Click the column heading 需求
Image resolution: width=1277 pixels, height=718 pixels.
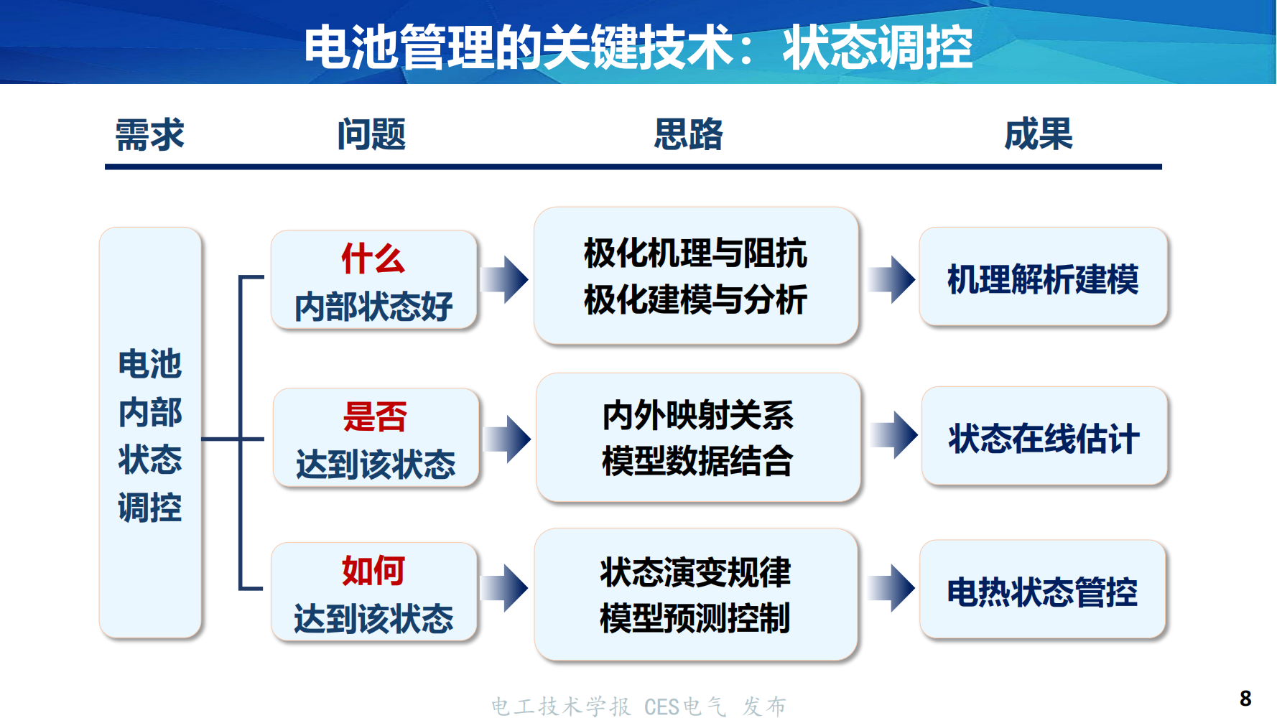(x=150, y=134)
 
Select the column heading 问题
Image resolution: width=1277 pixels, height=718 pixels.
(x=371, y=134)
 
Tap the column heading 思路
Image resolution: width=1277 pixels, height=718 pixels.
(x=688, y=134)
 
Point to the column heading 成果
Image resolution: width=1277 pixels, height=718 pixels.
(x=1039, y=134)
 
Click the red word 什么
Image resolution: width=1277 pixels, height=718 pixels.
(x=373, y=258)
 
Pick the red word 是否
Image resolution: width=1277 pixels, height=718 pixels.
(x=375, y=416)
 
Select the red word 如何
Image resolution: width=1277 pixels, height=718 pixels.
(x=373, y=571)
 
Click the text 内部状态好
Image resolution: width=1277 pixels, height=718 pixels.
(x=373, y=307)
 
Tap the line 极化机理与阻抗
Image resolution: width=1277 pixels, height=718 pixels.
(x=695, y=253)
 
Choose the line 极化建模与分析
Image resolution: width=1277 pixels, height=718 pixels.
(x=695, y=299)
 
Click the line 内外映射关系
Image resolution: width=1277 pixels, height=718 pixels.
(x=697, y=415)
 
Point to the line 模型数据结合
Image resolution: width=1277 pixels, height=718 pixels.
(x=697, y=461)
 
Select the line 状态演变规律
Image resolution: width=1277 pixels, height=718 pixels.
(x=695, y=572)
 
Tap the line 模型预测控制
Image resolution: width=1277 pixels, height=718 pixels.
(x=695, y=618)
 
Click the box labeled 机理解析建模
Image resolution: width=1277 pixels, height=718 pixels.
(x=1043, y=279)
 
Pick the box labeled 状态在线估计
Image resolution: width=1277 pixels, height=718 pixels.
(x=1044, y=438)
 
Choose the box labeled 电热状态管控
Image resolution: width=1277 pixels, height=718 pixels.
(x=1042, y=592)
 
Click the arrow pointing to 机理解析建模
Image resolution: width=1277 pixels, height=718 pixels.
(x=892, y=279)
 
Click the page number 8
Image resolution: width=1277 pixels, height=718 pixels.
(x=1245, y=698)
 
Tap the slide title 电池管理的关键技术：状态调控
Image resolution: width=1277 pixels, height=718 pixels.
(x=638, y=47)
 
